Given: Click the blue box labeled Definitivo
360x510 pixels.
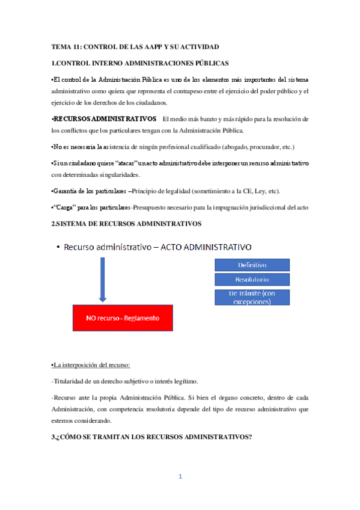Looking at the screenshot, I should [252, 265].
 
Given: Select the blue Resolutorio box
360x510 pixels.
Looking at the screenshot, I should [252, 280].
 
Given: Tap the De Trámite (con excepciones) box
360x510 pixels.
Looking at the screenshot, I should [252, 297].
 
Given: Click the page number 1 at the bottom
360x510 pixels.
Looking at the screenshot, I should [180, 477].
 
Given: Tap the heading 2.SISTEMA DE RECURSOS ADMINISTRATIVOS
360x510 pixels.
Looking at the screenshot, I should [126, 224].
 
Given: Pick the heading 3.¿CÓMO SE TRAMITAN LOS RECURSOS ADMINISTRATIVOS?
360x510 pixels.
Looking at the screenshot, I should [151, 437].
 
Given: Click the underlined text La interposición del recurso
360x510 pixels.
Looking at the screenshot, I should [91, 365].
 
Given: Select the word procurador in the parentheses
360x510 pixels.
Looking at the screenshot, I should [261, 147].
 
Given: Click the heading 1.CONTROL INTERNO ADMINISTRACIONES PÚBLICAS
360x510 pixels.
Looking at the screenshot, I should [139, 63].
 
